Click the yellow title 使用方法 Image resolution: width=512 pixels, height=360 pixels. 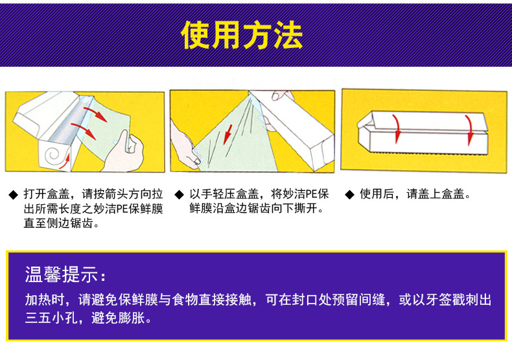pyautogui.click(x=242, y=35)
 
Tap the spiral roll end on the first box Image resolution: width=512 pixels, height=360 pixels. pyautogui.click(x=53, y=155)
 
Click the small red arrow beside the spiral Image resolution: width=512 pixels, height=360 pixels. pyautogui.click(x=65, y=161)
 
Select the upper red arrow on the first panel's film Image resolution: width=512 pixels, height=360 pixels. pyautogui.click(x=95, y=114)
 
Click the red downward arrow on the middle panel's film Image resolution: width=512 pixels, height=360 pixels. pyautogui.click(x=228, y=134)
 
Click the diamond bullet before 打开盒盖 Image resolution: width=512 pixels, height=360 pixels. pyautogui.click(x=14, y=195)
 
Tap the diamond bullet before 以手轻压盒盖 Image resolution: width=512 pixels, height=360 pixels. pyautogui.click(x=180, y=195)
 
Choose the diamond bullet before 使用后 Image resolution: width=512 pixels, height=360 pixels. pyautogui.click(x=350, y=195)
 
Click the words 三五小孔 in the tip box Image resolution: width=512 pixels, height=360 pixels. pyautogui.click(x=51, y=317)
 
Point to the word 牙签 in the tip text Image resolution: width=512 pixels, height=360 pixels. pyautogui.click(x=438, y=300)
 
